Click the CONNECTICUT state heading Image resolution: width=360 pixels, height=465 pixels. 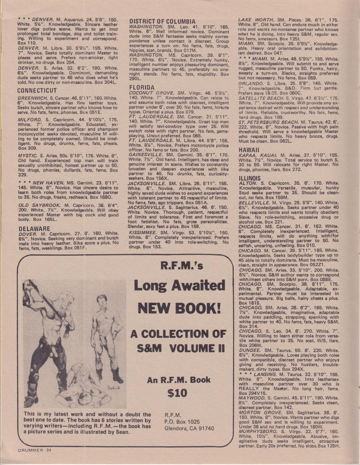pyautogui.click(x=37, y=90)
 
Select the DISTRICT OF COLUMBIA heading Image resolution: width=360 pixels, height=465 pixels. pyautogui.click(x=162, y=22)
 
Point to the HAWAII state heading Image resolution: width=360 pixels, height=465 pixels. pyautogui.click(x=249, y=150)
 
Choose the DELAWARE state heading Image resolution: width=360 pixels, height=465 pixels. pyautogui.click(x=34, y=228)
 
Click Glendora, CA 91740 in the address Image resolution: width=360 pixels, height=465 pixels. pyautogui.click(x=189, y=428)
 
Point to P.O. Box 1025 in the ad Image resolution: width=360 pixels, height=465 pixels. pyautogui.click(x=182, y=421)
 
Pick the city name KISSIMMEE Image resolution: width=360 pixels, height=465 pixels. pyautogui.click(x=142, y=233)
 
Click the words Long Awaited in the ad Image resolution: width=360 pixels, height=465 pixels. pyautogui.click(x=179, y=286)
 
